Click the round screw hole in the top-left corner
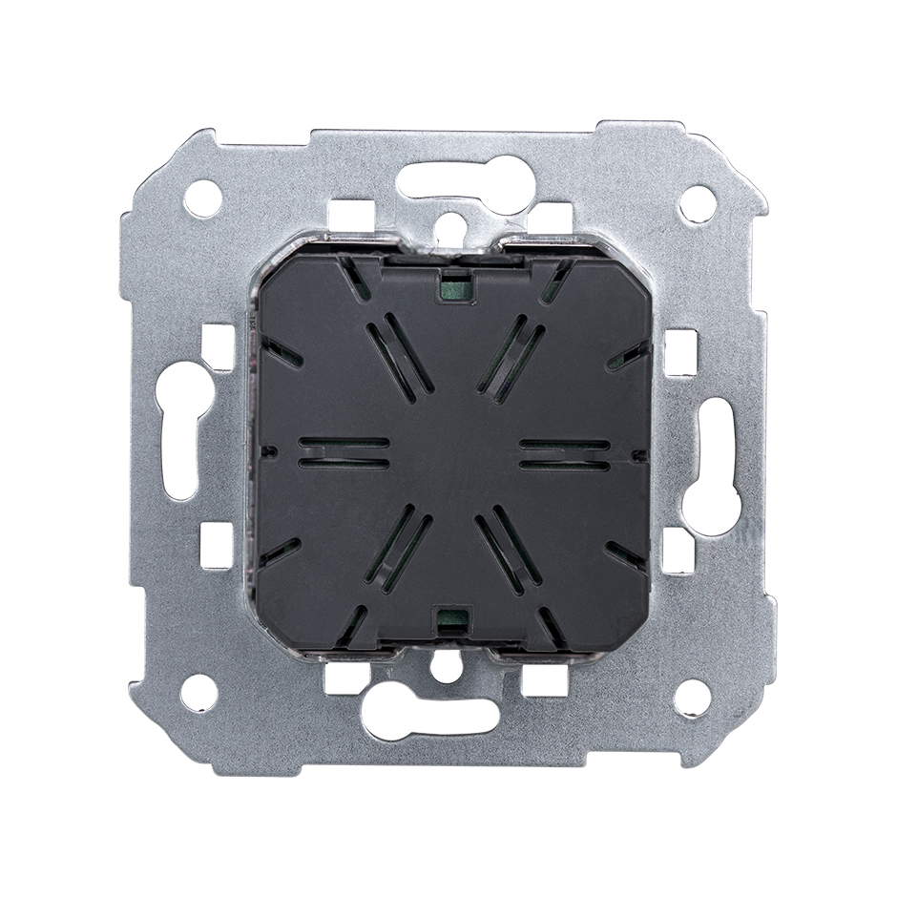coord(202,198)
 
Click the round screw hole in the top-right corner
coord(696,201)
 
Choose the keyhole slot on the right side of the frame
coord(717,448)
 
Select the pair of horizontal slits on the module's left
coord(344,452)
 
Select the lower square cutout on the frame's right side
coord(678,553)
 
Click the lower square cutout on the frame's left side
coord(217,551)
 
